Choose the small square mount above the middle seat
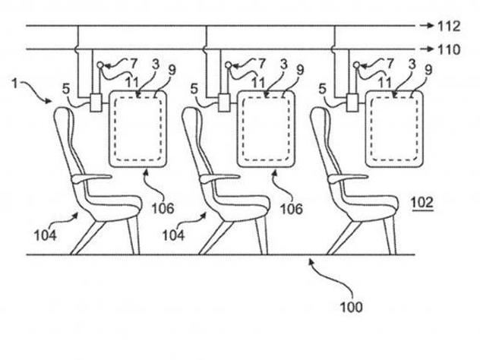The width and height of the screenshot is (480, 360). [x=224, y=101]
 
